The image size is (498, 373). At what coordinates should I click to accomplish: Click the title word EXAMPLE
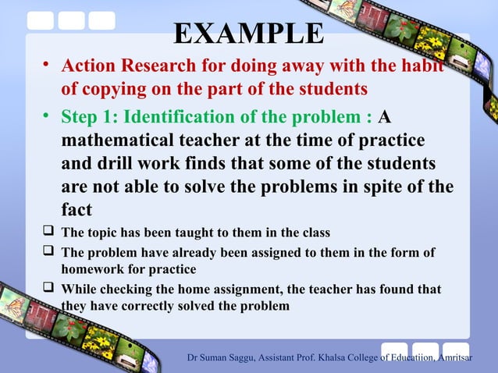[x=248, y=34]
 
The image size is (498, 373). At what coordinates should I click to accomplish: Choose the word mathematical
[x=122, y=141]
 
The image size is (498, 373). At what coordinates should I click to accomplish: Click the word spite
[x=388, y=188]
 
